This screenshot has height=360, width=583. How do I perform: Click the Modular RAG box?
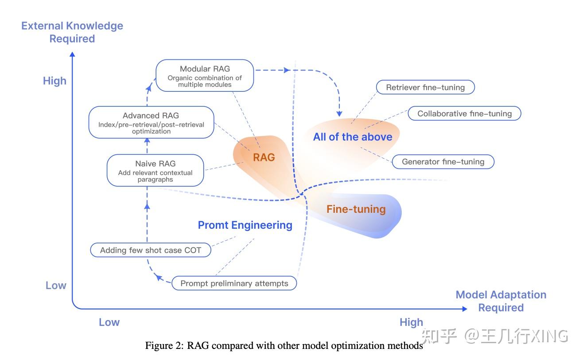click(x=205, y=76)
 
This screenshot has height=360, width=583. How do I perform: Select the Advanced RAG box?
click(x=151, y=122)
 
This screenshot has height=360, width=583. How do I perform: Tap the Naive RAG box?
click(x=155, y=170)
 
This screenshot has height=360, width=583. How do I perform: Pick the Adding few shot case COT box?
click(x=151, y=250)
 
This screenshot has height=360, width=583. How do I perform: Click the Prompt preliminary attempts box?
click(x=234, y=283)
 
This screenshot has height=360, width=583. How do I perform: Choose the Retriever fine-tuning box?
click(x=425, y=87)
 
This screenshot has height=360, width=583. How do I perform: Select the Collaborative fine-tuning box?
click(x=464, y=113)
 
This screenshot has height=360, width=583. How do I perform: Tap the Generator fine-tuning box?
click(x=443, y=162)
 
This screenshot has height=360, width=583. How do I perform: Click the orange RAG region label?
click(x=264, y=157)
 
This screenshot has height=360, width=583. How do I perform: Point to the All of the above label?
click(x=353, y=137)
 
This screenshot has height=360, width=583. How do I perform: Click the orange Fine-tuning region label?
click(x=356, y=209)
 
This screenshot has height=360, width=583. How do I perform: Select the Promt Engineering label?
click(x=245, y=225)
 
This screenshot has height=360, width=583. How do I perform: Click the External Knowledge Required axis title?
click(x=72, y=32)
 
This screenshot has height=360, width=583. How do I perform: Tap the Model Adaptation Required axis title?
click(x=501, y=301)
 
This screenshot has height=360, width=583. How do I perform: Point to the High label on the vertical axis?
click(x=54, y=81)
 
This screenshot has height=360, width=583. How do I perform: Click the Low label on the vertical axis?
click(x=56, y=286)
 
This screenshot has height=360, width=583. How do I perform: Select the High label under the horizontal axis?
click(x=411, y=322)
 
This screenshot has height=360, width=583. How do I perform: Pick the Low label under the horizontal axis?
click(x=109, y=322)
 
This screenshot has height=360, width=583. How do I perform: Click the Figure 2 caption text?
click(x=284, y=346)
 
